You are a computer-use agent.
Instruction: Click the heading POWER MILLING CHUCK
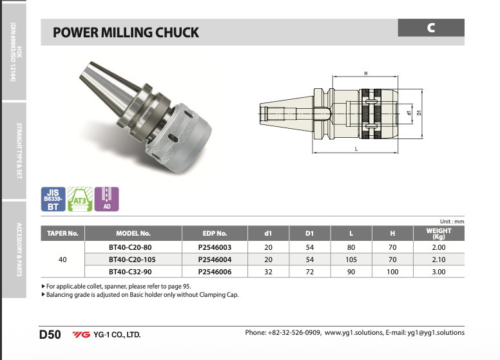pyautogui.click(x=126, y=32)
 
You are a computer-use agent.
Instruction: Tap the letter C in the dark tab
pyautogui.click(x=430, y=28)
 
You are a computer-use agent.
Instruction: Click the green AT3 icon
pyautogui.click(x=80, y=199)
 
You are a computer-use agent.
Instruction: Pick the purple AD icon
pyautogui.click(x=107, y=199)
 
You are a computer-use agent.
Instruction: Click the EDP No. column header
pyautogui.click(x=214, y=233)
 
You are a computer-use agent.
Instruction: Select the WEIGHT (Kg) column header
pyautogui.click(x=438, y=233)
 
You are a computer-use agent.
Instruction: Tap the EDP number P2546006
pyautogui.click(x=214, y=272)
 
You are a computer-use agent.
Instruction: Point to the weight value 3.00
pyautogui.click(x=438, y=272)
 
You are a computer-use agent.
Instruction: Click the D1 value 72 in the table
pyautogui.click(x=309, y=272)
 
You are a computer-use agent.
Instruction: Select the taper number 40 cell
pyautogui.click(x=63, y=260)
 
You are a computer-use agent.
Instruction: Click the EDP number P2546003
pyautogui.click(x=214, y=247)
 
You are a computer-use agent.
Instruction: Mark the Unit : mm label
pyautogui.click(x=451, y=222)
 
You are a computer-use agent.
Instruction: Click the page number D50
pyautogui.click(x=50, y=334)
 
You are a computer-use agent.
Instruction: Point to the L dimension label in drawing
pyautogui.click(x=356, y=149)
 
